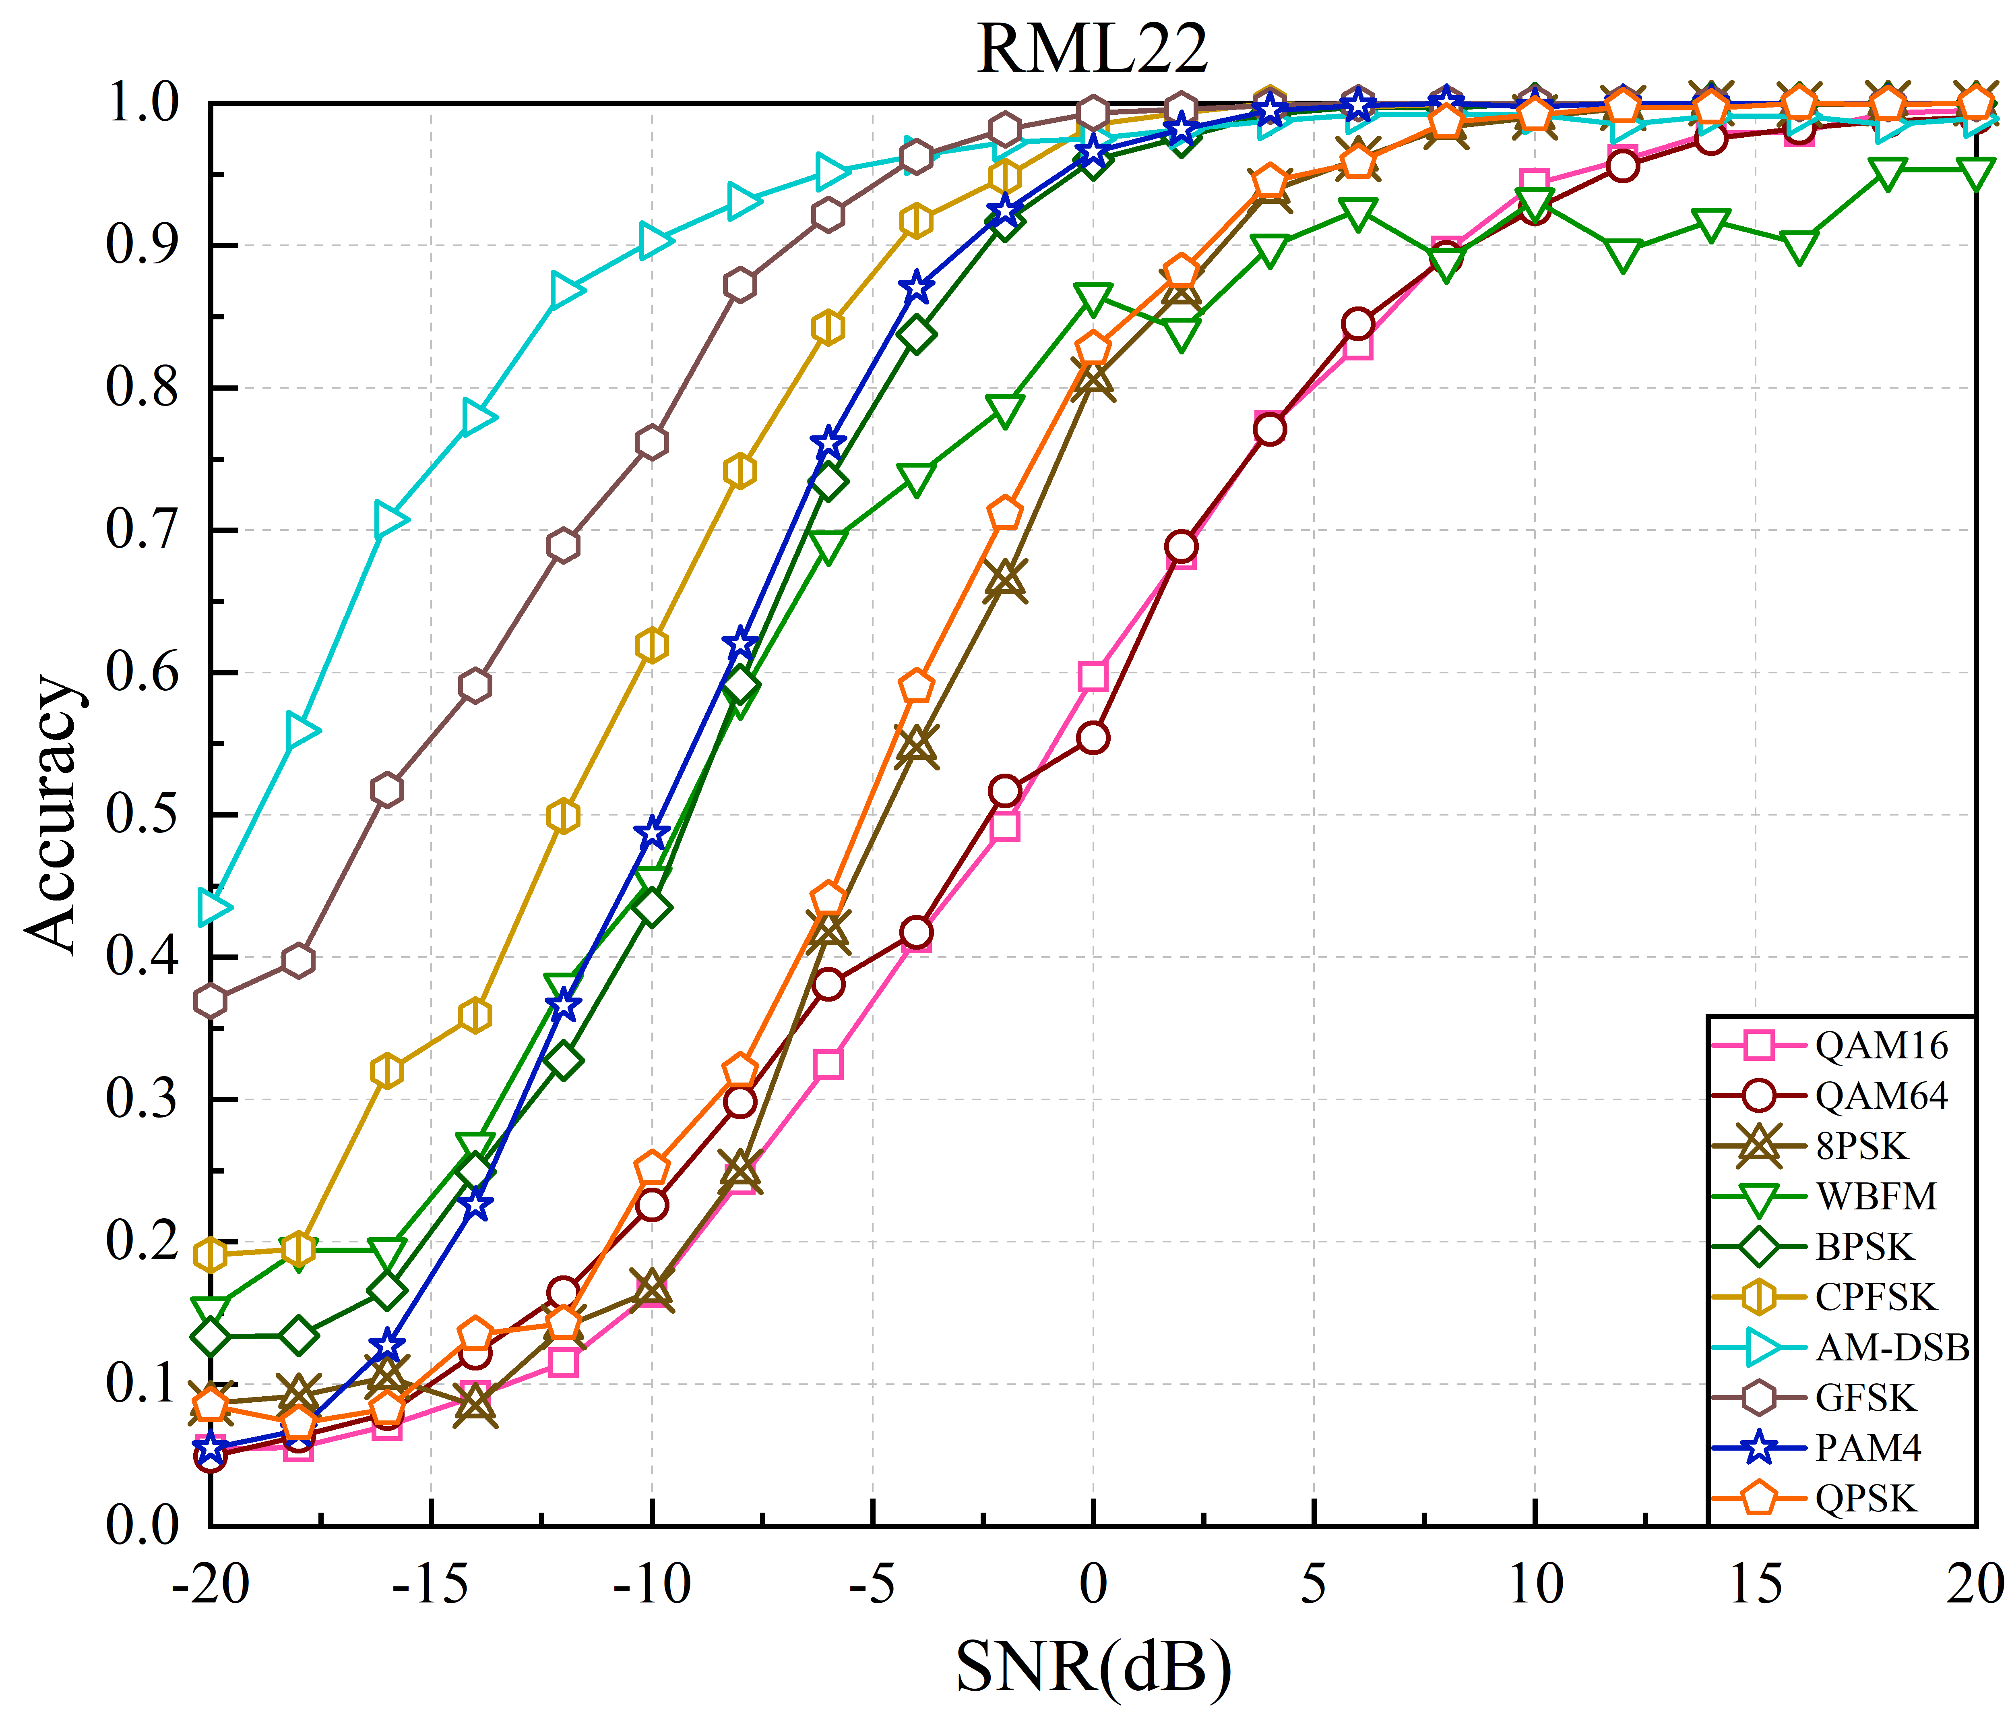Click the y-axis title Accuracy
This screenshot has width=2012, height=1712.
(50, 813)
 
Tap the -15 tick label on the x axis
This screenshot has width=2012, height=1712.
(431, 1584)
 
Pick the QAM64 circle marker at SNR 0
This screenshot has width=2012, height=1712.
(1093, 737)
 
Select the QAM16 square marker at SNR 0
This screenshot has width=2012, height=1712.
(1093, 677)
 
